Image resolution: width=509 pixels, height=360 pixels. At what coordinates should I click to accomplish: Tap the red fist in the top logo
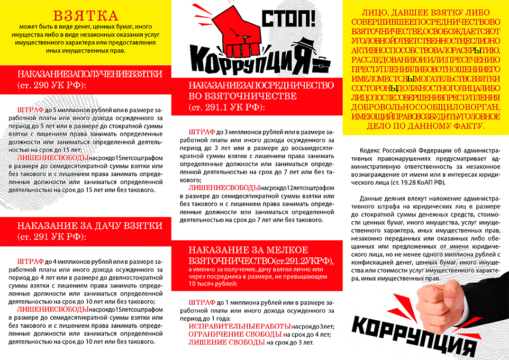[240, 32]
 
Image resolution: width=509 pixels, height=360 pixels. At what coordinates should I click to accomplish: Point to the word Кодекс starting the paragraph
[370, 150]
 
